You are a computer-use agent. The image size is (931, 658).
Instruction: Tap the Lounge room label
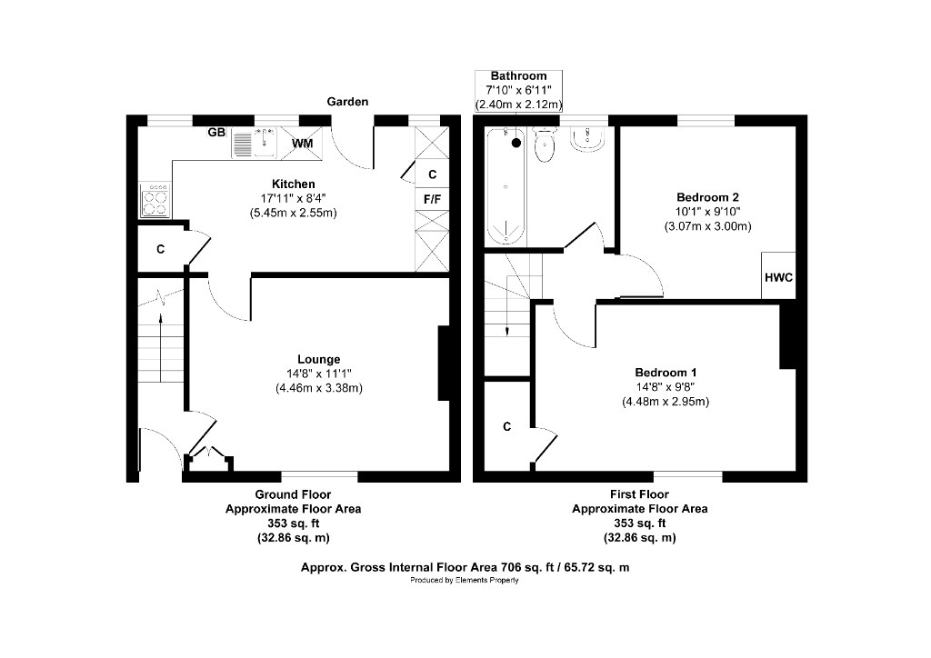click(318, 359)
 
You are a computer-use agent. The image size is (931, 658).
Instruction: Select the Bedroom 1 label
click(666, 373)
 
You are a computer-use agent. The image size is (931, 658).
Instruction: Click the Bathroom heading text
click(518, 75)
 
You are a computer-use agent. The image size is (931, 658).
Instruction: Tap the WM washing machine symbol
click(302, 144)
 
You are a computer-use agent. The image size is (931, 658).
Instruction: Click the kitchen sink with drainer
click(255, 144)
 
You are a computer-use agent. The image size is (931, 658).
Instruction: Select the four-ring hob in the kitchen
click(154, 200)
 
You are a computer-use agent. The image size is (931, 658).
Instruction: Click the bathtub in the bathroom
click(505, 186)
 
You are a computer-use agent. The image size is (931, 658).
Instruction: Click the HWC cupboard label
click(778, 277)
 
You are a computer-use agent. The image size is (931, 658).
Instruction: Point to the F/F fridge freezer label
click(431, 198)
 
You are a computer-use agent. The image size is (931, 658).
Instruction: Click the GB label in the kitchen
click(216, 133)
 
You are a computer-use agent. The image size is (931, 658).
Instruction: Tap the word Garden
click(348, 102)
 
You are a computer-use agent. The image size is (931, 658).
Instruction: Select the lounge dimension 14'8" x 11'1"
click(318, 374)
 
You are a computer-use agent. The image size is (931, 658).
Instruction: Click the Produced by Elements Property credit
click(465, 581)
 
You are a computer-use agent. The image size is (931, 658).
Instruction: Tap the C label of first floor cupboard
click(506, 426)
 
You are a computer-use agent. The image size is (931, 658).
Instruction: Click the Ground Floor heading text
click(293, 495)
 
